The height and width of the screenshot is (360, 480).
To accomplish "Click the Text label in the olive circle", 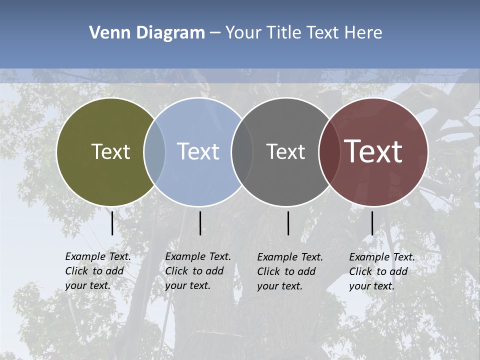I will click(110, 151).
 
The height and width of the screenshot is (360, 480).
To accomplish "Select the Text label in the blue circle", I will click(198, 151).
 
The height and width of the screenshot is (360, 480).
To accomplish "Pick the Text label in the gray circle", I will click(285, 151).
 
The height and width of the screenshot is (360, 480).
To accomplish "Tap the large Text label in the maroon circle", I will click(373, 151).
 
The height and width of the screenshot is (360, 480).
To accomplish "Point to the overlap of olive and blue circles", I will click(154, 151).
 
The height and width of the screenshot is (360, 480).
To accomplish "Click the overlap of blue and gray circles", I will click(242, 151).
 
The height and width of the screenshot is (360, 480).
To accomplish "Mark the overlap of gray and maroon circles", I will click(329, 151).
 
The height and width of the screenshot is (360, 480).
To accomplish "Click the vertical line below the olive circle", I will click(112, 223).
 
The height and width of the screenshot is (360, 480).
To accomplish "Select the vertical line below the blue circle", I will click(200, 223).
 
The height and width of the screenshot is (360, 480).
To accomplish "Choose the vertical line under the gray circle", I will click(288, 223).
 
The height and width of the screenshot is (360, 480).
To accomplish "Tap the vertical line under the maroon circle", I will click(372, 223).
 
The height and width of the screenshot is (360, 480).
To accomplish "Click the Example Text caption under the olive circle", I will click(98, 271).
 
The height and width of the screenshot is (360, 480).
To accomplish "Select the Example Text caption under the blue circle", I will click(198, 271).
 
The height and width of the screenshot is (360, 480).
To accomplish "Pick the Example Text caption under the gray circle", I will click(290, 271).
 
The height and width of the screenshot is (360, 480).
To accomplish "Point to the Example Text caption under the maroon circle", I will click(382, 271).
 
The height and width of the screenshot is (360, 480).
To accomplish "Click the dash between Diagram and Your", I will click(215, 33).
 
